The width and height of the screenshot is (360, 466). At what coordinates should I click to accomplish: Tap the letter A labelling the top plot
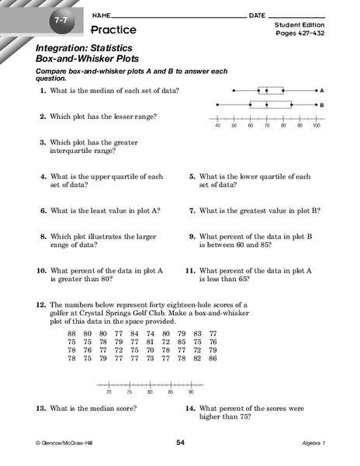coord(320,90)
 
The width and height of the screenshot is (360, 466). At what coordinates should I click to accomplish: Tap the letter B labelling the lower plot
coord(320,104)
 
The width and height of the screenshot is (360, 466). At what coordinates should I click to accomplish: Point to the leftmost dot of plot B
coord(217,104)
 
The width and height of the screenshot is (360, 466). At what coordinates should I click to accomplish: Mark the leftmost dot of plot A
coord(234,90)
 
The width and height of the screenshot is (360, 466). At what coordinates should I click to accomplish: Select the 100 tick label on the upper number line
coord(316,125)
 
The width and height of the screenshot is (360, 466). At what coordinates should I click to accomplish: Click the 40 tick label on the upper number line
coord(217,125)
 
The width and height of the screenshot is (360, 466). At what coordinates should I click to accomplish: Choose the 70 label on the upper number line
coord(267,125)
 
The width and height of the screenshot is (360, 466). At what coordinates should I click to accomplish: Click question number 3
coord(43,143)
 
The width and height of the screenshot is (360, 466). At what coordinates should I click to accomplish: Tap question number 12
coord(40,306)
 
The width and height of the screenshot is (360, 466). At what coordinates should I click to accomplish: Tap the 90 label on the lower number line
coord(191,393)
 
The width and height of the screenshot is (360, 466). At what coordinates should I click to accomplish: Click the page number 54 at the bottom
coord(180,442)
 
